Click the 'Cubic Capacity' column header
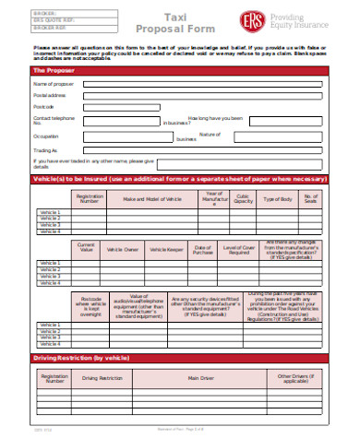tap(243, 199)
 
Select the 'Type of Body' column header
tap(278, 199)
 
